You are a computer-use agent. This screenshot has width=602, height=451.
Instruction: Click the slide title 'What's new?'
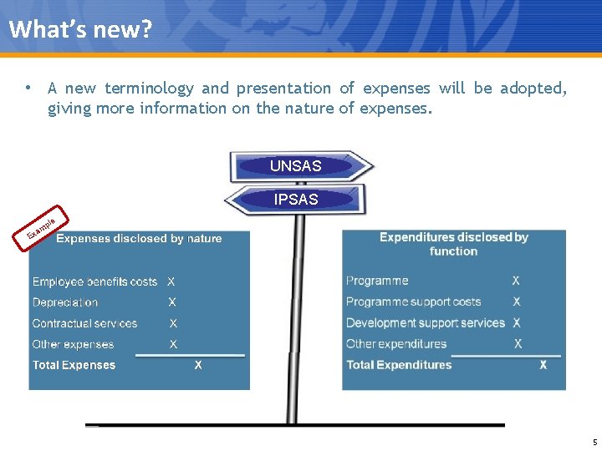click(x=81, y=29)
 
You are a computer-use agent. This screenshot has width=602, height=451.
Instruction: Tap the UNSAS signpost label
click(x=295, y=166)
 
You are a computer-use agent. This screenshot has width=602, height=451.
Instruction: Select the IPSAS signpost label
click(x=295, y=200)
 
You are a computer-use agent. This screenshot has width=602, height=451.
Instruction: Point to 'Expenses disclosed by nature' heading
click(x=139, y=239)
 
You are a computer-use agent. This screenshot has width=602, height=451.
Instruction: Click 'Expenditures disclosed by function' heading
click(x=453, y=244)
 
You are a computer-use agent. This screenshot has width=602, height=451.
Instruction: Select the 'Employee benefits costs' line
click(x=94, y=282)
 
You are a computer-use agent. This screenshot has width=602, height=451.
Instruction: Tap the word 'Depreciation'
click(x=65, y=302)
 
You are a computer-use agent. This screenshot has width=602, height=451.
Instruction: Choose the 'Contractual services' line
click(x=84, y=323)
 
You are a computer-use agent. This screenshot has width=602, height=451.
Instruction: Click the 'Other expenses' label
click(x=73, y=344)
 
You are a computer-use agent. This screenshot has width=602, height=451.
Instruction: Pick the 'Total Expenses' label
click(x=74, y=365)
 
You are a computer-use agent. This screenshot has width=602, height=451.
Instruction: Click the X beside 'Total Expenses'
click(x=198, y=365)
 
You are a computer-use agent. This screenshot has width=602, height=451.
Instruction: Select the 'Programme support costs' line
click(x=413, y=302)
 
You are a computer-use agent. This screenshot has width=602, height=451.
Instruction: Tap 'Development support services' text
click(x=426, y=323)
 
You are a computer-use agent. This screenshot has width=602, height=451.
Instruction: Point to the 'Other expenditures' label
click(x=396, y=344)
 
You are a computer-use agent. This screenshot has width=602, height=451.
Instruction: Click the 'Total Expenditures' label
click(x=399, y=365)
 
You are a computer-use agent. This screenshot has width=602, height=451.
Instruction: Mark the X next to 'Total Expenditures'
click(x=543, y=365)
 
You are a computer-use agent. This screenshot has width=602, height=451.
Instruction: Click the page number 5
click(x=594, y=442)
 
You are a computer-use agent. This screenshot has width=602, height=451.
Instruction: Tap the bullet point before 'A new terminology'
click(x=28, y=88)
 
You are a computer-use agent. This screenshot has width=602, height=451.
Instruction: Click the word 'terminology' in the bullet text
click(x=149, y=89)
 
